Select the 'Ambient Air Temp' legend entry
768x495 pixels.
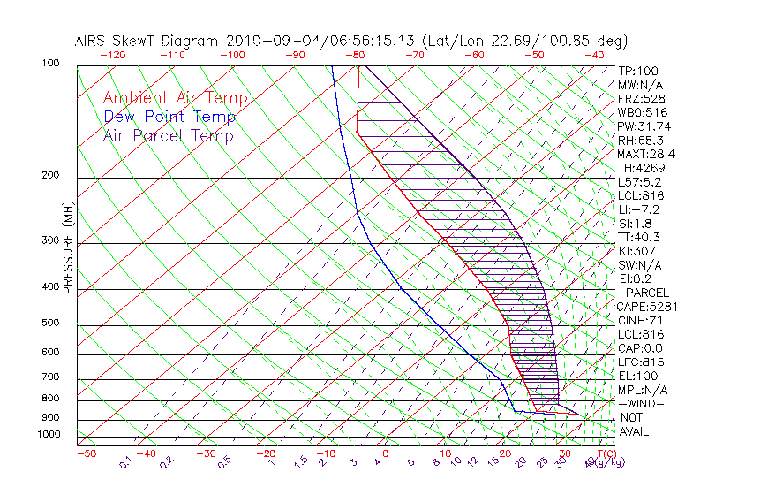point(176,99)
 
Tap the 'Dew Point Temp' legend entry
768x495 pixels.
point(169,118)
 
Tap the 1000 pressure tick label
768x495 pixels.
point(49,435)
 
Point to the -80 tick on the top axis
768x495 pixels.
point(357,55)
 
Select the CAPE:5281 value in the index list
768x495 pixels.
point(646,307)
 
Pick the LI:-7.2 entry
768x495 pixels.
point(638,209)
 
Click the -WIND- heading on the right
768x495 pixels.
point(642,403)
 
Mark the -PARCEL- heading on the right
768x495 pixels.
point(647,293)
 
